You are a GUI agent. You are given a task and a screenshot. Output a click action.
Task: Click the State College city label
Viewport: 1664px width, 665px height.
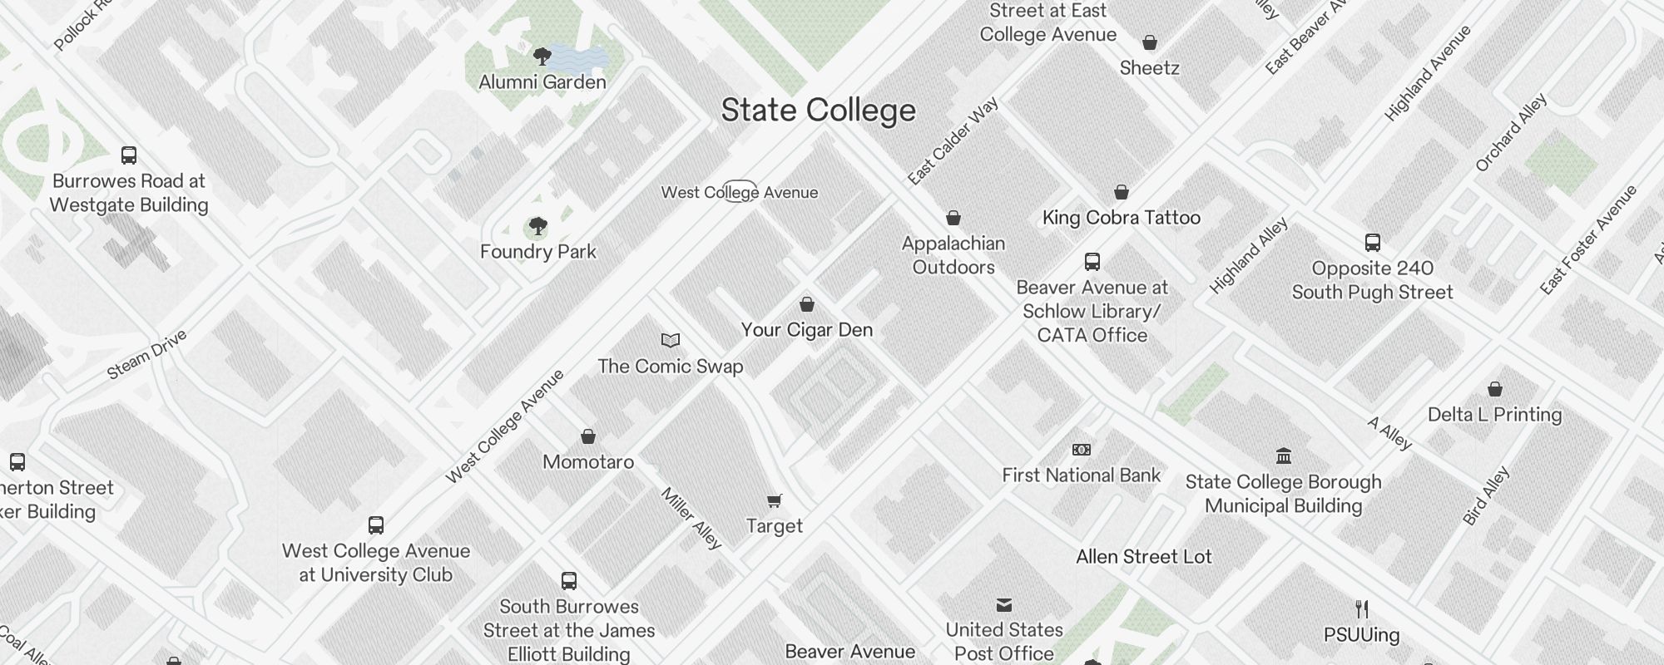tap(818, 111)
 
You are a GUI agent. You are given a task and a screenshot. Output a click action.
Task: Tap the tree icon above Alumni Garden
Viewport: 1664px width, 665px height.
tap(542, 57)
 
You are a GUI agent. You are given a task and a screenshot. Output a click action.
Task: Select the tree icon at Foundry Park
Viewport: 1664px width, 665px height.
tap(538, 226)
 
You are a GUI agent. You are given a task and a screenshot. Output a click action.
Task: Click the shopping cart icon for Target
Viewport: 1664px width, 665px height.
tap(775, 500)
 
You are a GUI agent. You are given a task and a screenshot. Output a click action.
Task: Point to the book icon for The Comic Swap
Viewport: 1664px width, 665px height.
tap(671, 340)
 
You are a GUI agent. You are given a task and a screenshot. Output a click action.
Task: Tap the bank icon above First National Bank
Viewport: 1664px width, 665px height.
tap(1081, 450)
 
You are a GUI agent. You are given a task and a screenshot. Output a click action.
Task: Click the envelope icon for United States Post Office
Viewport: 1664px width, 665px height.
tap(1004, 604)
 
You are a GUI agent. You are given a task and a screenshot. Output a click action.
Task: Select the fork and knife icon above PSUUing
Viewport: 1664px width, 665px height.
tap(1362, 609)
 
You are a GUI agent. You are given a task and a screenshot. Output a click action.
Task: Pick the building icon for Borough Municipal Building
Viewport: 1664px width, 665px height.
tap(1283, 456)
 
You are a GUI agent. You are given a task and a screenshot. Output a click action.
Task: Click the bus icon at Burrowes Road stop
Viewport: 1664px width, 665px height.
tap(129, 155)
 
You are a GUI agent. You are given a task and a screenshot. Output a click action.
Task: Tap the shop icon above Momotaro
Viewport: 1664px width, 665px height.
tap(588, 436)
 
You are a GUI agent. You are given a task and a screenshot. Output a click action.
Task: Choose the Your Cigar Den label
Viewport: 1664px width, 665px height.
tap(807, 330)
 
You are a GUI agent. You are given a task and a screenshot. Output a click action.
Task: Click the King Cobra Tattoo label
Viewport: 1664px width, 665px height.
tap(1121, 218)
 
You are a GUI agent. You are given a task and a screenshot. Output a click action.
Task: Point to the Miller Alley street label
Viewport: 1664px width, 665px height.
tap(691, 518)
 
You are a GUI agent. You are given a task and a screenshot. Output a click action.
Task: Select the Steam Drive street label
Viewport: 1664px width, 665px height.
tap(147, 355)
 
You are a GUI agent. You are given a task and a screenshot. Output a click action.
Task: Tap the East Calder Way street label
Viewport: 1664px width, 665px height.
tap(953, 141)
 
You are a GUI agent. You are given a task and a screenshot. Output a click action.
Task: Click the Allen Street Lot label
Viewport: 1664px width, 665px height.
tap(1143, 557)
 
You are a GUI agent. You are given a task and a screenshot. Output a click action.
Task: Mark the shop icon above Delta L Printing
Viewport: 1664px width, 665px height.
tap(1495, 389)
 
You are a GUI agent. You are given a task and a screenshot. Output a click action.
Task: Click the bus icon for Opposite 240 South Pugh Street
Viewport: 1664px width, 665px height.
tap(1373, 243)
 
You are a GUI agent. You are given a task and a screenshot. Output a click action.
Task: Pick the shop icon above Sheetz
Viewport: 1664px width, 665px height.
tap(1150, 42)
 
